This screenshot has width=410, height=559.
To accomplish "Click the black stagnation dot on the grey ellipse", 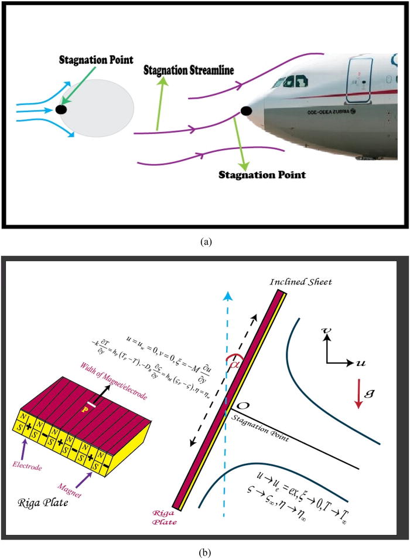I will [61, 109].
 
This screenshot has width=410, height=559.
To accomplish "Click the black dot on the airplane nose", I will [247, 110].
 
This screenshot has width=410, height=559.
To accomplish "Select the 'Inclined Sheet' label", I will [301, 282].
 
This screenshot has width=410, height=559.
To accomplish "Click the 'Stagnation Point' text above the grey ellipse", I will [96, 60].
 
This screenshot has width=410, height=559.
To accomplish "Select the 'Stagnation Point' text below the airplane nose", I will [262, 175].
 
